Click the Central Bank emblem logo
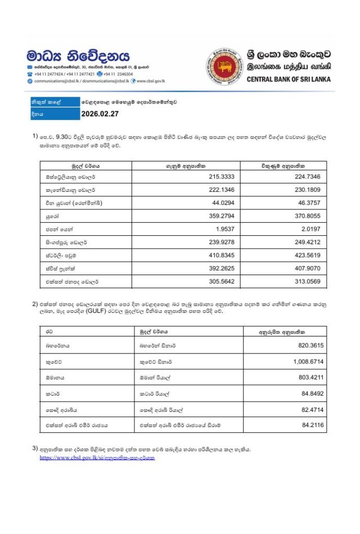[x=225, y=67]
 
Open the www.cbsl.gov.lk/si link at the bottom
[x=97, y=458]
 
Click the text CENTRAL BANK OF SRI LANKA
[x=289, y=79]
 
